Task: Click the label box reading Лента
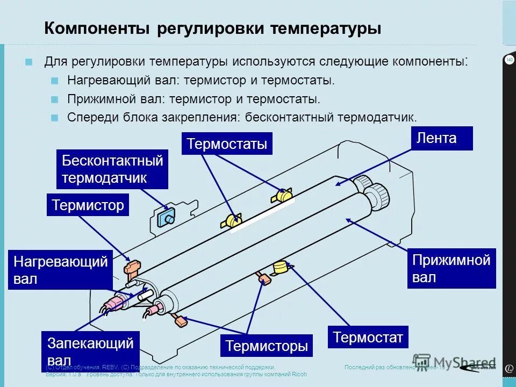pyautogui.click(x=442, y=138)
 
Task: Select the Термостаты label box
pyautogui.click(x=227, y=144)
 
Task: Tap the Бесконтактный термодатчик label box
pyautogui.click(x=112, y=169)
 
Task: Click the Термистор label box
pyautogui.click(x=88, y=205)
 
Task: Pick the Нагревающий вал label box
pyautogui.click(x=60, y=270)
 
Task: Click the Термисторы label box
pyautogui.click(x=267, y=346)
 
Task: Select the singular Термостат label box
pyautogui.click(x=368, y=337)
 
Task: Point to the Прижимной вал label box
pyautogui.click(x=451, y=268)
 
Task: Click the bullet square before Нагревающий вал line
pyautogui.click(x=55, y=81)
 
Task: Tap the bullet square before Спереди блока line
pyautogui.click(x=55, y=118)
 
